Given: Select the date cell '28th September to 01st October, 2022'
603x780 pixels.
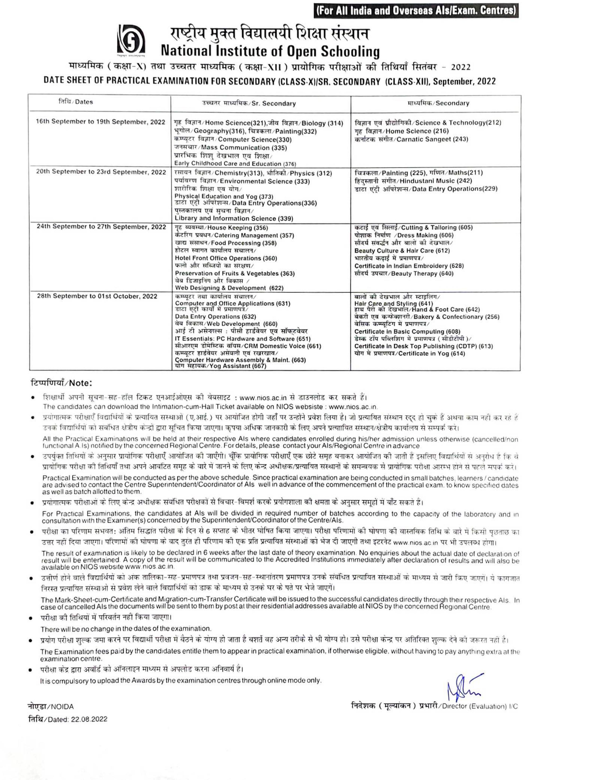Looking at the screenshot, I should tap(97, 296).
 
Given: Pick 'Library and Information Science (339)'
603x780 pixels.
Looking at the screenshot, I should tap(234, 218).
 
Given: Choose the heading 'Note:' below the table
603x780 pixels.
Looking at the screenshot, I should tap(61, 382).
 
